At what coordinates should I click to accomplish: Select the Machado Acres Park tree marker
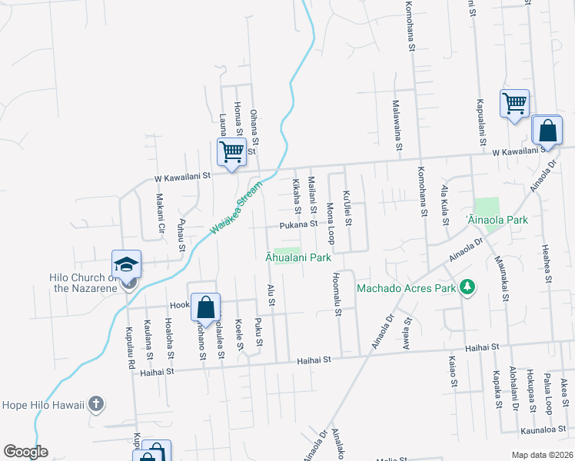(x=466, y=288)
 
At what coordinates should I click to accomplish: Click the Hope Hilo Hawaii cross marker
(x=95, y=403)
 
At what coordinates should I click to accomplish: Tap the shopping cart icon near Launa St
(x=231, y=151)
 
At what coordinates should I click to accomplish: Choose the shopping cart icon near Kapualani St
(x=514, y=103)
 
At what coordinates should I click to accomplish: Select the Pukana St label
(x=298, y=224)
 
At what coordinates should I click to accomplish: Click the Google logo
(x=25, y=451)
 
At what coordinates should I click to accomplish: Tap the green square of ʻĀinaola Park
(x=487, y=207)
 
